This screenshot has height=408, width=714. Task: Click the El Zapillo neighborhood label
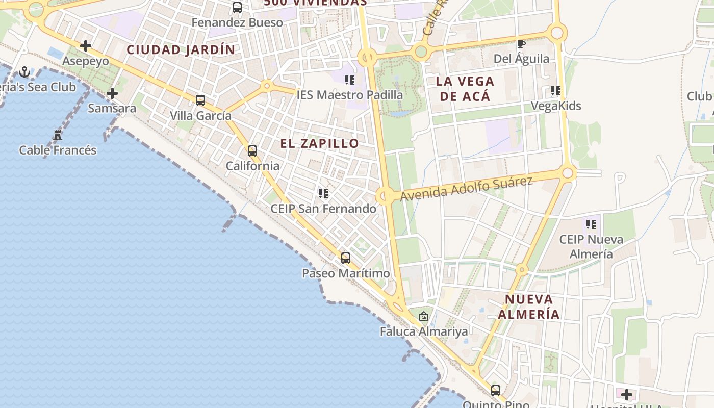point(319,143)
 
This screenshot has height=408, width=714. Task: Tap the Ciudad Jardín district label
point(181,50)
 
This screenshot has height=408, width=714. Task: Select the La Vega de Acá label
point(465,88)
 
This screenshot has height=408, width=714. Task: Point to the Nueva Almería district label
point(529,307)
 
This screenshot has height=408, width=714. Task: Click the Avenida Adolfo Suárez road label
point(466,189)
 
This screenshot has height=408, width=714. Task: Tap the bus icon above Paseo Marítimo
point(346,258)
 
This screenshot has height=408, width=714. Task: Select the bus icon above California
point(252,151)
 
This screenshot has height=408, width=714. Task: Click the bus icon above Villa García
point(200,100)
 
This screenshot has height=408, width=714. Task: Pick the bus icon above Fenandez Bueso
point(237,8)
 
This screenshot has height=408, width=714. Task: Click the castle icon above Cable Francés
point(58,135)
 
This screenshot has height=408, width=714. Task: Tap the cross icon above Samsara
point(112,93)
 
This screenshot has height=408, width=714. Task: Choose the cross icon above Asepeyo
point(86,46)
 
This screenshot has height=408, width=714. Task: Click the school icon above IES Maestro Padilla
point(349,80)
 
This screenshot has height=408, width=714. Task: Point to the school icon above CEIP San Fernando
point(323,194)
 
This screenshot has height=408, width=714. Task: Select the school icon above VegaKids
point(556,91)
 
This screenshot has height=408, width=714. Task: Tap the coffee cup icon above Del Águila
point(521,44)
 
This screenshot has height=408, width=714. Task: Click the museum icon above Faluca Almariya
point(423,317)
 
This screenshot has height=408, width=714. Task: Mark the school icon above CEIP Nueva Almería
point(591,224)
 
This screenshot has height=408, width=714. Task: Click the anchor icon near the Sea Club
point(24,72)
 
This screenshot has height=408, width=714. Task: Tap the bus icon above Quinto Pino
point(496,391)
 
